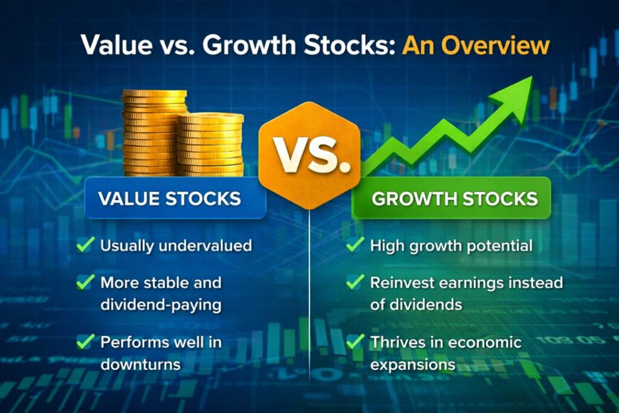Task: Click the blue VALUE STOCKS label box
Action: click(175, 198)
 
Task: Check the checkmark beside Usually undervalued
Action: click(85, 245)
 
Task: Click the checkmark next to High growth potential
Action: click(355, 245)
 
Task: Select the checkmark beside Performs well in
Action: click(85, 342)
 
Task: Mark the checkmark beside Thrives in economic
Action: click(355, 342)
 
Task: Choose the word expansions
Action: click(413, 365)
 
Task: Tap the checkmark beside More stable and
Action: click(85, 282)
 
